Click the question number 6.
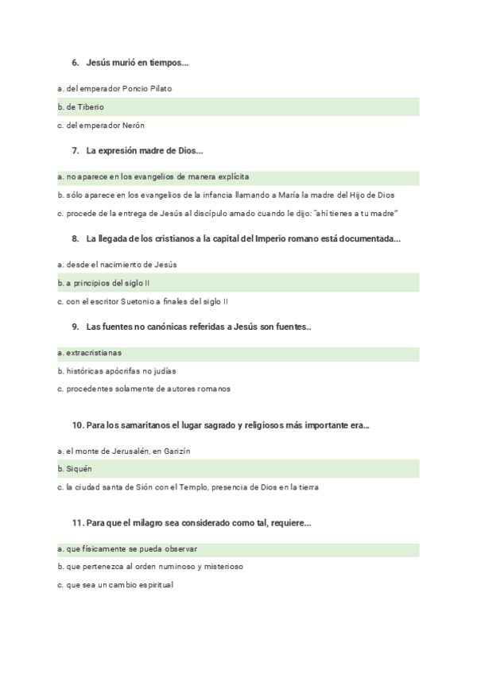(x=75, y=62)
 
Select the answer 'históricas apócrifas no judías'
(x=117, y=370)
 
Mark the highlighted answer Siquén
(x=79, y=469)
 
